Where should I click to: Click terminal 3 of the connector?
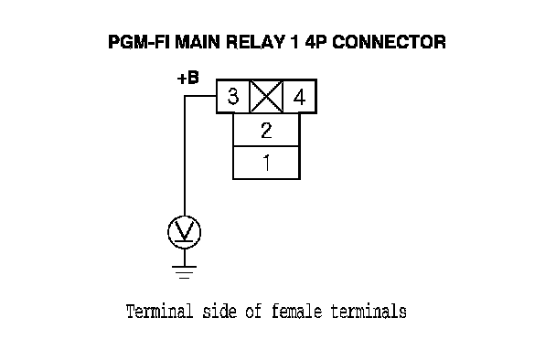click(x=233, y=96)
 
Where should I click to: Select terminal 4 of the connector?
click(x=300, y=96)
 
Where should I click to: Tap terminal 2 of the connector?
click(x=266, y=130)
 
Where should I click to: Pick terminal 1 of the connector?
click(x=266, y=163)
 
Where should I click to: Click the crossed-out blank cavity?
click(x=267, y=96)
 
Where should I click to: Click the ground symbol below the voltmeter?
click(x=185, y=271)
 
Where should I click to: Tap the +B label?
click(x=188, y=78)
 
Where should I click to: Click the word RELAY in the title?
click(x=255, y=42)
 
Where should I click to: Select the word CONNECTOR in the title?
click(x=389, y=42)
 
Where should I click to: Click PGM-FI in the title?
click(x=139, y=42)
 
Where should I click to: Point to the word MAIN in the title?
click(x=198, y=42)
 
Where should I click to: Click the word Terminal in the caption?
click(x=160, y=312)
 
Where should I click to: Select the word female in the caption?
click(x=297, y=312)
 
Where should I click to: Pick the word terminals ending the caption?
click(x=369, y=312)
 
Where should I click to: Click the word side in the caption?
click(x=219, y=312)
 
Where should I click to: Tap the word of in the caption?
click(x=254, y=312)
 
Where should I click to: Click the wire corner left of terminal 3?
click(x=185, y=96)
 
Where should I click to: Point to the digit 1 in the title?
click(x=294, y=42)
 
